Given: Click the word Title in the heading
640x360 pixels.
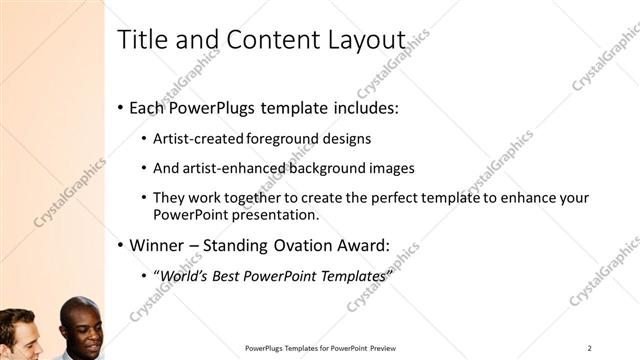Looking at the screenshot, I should click(x=141, y=40).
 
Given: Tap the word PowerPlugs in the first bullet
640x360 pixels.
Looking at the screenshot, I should click(x=213, y=107).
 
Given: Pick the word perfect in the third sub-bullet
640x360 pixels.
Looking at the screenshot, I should click(x=385, y=198).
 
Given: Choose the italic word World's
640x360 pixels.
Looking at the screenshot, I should click(x=183, y=275).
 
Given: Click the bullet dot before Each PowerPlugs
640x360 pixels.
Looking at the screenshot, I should click(x=121, y=107).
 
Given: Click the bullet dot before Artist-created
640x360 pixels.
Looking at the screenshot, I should click(x=145, y=139).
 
